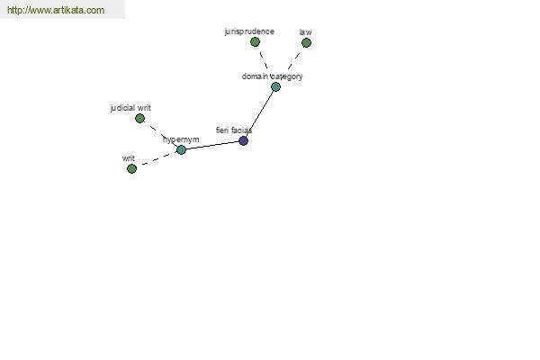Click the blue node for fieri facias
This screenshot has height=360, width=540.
(x=244, y=140)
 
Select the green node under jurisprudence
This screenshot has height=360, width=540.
(x=255, y=42)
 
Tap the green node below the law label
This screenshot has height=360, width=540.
(x=306, y=42)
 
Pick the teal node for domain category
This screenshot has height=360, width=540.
(x=275, y=86)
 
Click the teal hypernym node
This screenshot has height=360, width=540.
(x=181, y=149)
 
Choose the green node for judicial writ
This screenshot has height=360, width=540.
(x=139, y=119)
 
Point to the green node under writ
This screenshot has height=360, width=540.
(x=131, y=168)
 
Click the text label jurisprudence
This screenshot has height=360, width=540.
(x=249, y=31)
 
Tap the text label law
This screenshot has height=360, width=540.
(x=305, y=32)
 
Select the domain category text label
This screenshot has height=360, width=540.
(x=272, y=76)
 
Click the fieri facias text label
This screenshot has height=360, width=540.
(x=234, y=130)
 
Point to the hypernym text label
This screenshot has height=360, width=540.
(x=181, y=139)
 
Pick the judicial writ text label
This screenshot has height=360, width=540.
(x=130, y=108)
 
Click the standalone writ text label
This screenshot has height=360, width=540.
(x=128, y=158)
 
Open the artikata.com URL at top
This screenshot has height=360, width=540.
(x=56, y=10)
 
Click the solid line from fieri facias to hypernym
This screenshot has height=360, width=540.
(x=212, y=145)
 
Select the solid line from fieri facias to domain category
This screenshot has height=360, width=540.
(x=260, y=113)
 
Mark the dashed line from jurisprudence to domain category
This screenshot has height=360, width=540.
(x=264, y=60)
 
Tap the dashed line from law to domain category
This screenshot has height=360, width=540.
(x=293, y=61)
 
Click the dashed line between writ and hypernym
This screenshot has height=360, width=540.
(x=157, y=159)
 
